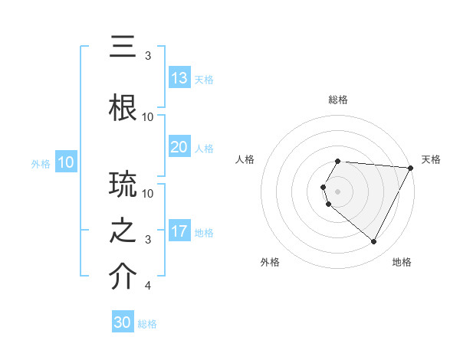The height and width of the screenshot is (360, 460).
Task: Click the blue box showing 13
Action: (x=179, y=78)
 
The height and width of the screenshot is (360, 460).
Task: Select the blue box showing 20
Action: (x=179, y=147)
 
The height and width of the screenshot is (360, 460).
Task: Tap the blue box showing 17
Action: (x=179, y=231)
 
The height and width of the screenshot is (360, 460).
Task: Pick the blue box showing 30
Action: (x=123, y=322)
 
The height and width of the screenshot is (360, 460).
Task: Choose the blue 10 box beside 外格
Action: (x=66, y=162)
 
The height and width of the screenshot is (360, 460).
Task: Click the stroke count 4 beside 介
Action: (x=147, y=286)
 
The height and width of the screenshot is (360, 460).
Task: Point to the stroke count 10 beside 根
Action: (x=148, y=117)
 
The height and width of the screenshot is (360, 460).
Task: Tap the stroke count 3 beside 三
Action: (x=147, y=56)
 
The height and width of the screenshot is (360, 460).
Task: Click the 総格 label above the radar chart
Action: (x=338, y=100)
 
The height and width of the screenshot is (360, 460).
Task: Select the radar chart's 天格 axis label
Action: (x=432, y=159)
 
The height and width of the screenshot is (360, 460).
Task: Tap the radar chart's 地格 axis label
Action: (x=402, y=263)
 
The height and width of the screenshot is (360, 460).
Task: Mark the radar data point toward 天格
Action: (x=411, y=168)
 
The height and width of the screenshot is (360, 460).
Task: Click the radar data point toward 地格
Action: (x=374, y=242)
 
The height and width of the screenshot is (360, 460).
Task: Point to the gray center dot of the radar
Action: (x=338, y=191)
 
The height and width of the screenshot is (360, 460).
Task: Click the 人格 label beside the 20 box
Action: (x=203, y=148)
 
